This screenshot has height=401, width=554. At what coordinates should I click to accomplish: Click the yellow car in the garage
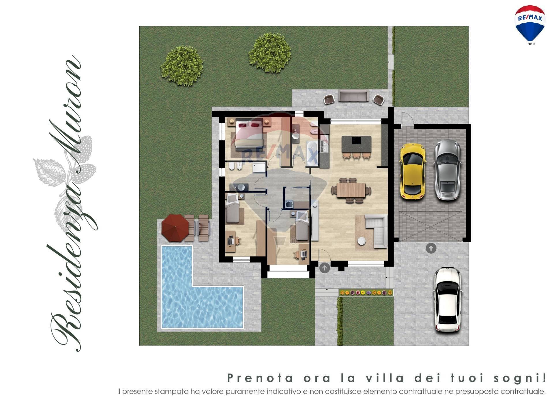point(412,171)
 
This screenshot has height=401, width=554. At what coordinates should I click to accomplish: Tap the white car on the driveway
point(448,299)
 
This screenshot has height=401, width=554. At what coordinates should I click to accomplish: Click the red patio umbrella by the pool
point(175,228)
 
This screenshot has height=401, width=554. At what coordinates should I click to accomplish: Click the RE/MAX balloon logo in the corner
point(530,25)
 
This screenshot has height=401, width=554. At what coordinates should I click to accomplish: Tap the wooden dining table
point(351,190)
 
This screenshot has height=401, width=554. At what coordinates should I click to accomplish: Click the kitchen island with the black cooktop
point(356,144)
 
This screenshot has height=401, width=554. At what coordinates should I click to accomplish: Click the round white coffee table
point(361,241)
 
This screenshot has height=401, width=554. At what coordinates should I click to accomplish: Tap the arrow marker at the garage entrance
point(431,248)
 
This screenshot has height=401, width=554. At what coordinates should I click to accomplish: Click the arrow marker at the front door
point(324,268)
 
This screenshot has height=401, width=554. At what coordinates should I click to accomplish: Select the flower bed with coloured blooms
point(366,293)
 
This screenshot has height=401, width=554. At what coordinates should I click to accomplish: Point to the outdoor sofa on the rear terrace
point(353,96)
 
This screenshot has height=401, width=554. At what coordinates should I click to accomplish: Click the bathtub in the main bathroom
point(312,153)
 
